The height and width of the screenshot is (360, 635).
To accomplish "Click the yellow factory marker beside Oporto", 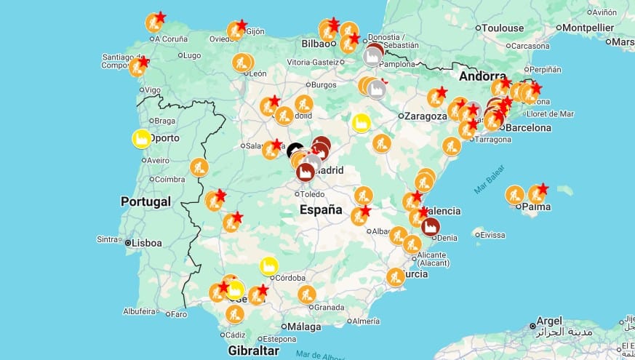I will coord(141,138).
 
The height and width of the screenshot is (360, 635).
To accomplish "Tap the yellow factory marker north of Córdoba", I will coord(269,266).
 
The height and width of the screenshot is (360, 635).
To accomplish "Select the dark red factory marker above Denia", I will coord(430,226).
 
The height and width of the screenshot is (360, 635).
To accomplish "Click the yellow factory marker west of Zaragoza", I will coord(361,123).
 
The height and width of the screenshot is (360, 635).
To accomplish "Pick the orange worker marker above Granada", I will coord(307,295).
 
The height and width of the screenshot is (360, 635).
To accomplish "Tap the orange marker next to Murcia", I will coord(396,277).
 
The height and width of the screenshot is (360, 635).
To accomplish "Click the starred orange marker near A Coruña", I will coord(154,23).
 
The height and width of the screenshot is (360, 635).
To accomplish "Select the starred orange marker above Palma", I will coord(537,194).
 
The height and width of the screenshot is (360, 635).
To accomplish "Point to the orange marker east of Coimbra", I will coord(199,167).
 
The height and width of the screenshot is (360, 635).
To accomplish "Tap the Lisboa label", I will coord(147,243).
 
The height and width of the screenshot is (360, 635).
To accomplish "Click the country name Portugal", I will coord(145,201).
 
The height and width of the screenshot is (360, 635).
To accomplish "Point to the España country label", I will coord(321,210).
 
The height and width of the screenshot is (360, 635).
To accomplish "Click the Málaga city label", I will coord(304,327).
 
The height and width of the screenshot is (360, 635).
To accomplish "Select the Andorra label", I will coord(482,76).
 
